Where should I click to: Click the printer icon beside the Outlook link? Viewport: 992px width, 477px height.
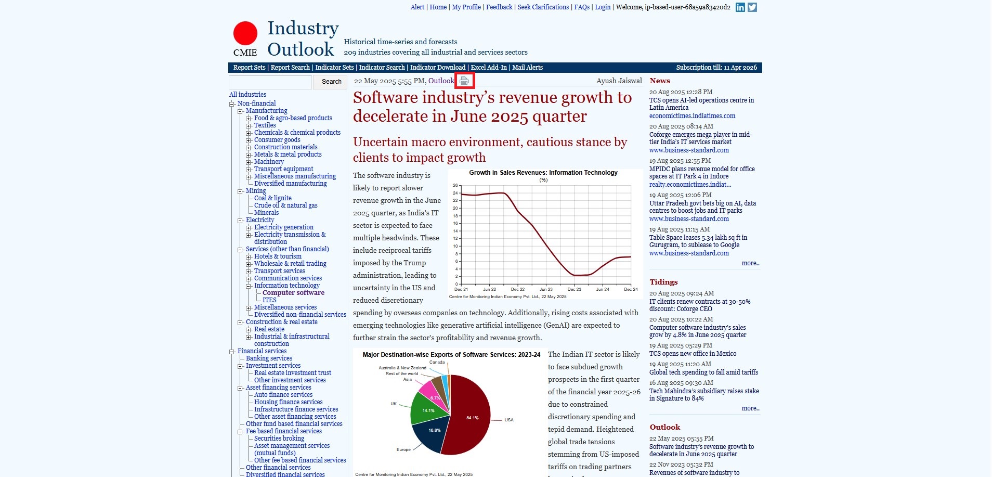pos(464,81)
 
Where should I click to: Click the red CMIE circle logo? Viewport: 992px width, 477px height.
pos(245,33)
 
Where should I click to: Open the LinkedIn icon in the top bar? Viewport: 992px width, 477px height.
pos(740,7)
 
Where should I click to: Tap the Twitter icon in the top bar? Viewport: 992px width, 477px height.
pos(752,7)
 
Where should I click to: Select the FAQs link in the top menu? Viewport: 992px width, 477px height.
pos(582,7)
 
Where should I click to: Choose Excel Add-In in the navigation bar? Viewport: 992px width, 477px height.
pos(489,68)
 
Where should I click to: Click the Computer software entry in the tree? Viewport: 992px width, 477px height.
pos(293,293)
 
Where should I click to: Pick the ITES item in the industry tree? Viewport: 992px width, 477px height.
pos(269,300)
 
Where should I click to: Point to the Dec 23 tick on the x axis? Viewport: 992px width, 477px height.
pos(575,289)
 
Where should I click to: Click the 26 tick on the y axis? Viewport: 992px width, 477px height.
pos(455,186)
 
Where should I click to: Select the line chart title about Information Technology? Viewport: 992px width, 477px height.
pos(543,173)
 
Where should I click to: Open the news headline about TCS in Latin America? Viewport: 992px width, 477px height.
pos(701,104)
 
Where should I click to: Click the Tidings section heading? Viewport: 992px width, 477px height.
pos(663,282)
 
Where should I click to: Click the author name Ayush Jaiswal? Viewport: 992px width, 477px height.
pos(619,81)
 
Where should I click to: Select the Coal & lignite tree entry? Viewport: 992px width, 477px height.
pos(273,198)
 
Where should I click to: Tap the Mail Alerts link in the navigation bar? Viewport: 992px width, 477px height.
pos(527,68)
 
